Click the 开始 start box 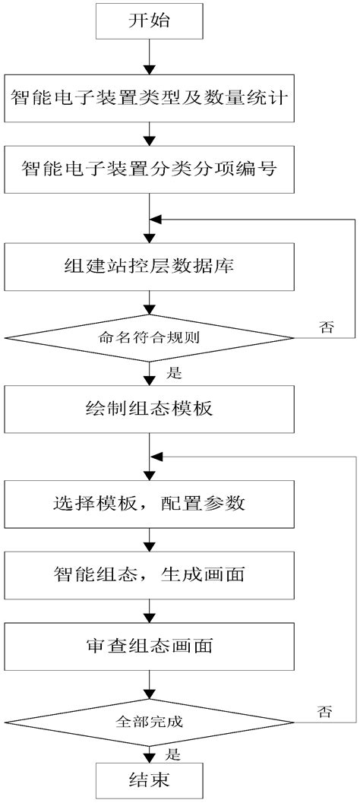(x=149, y=23)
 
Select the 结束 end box (x=149, y=779)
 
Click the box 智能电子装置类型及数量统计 (x=149, y=98)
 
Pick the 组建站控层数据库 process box (x=149, y=267)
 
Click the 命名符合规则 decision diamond (x=149, y=336)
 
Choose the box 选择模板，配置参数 (x=149, y=504)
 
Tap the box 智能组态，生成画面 (x=149, y=575)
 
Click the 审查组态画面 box (x=149, y=647)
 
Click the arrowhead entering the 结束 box (x=149, y=756)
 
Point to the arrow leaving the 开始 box (x=149, y=57)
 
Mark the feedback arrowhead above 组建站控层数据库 (x=156, y=219)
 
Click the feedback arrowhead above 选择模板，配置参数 (x=156, y=457)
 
